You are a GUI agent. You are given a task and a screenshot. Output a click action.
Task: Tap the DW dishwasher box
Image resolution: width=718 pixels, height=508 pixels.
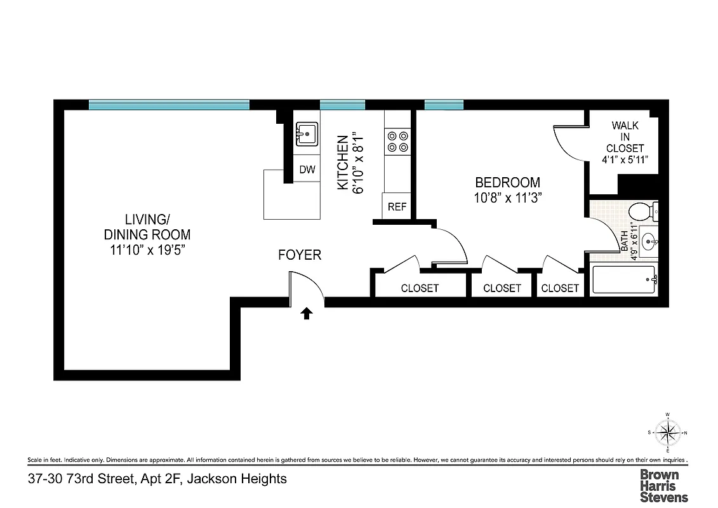pyautogui.click(x=307, y=170)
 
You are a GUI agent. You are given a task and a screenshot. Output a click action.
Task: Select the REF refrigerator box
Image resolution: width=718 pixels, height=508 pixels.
pyautogui.click(x=397, y=206)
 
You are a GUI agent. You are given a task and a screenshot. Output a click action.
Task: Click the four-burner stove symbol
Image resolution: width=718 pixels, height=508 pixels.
pyautogui.click(x=397, y=141)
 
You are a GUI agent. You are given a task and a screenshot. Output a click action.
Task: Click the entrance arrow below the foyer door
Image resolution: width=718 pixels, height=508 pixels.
pyautogui.click(x=307, y=313)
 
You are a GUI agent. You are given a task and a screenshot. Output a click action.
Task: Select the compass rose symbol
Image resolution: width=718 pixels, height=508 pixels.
pyautogui.click(x=667, y=433)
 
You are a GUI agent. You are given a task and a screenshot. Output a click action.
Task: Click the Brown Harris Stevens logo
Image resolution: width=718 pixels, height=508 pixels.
pyautogui.click(x=663, y=485)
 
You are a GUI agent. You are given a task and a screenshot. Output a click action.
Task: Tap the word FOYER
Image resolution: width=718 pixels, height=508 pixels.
pyautogui.click(x=300, y=255)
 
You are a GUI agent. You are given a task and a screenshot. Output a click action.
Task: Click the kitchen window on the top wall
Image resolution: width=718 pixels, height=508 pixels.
pyautogui.click(x=342, y=105)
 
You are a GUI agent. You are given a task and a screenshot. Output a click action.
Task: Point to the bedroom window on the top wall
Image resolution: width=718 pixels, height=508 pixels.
pyautogui.click(x=443, y=105)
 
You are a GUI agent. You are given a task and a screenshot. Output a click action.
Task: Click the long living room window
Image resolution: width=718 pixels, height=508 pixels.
pyautogui.click(x=168, y=105)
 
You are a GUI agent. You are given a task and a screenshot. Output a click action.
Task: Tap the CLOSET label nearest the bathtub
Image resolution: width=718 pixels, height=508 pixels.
pyautogui.click(x=560, y=288)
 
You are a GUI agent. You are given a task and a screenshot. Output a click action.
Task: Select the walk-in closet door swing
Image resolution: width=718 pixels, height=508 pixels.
pyautogui.click(x=568, y=144)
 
